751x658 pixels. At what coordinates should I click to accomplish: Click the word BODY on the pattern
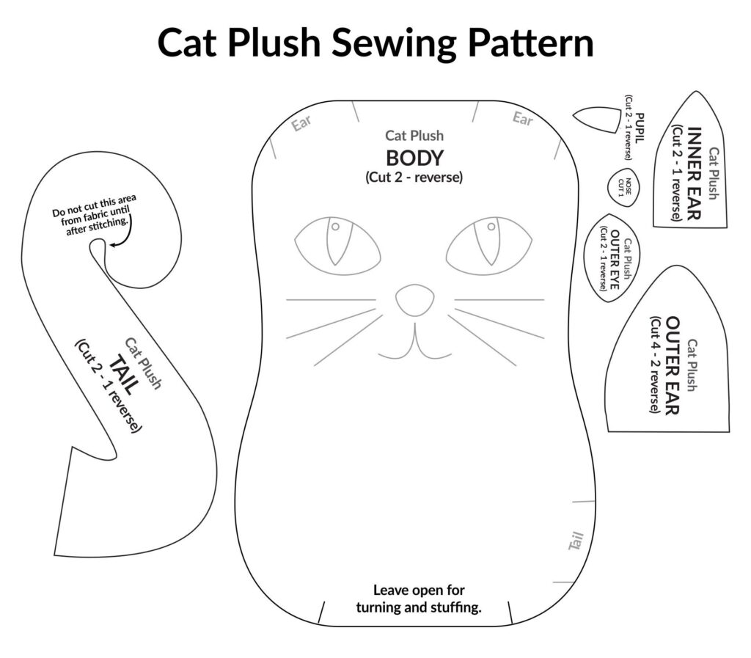tap(414, 158)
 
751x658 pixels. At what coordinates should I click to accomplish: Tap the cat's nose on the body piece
tap(414, 299)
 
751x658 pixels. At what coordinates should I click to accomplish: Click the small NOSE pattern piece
tap(623, 186)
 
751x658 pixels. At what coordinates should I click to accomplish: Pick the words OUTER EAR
tap(674, 365)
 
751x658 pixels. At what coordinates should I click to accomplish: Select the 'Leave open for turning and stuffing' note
tap(419, 599)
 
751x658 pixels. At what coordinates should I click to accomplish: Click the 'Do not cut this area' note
tap(94, 209)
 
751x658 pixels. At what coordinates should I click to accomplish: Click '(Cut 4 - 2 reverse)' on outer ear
tap(655, 365)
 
